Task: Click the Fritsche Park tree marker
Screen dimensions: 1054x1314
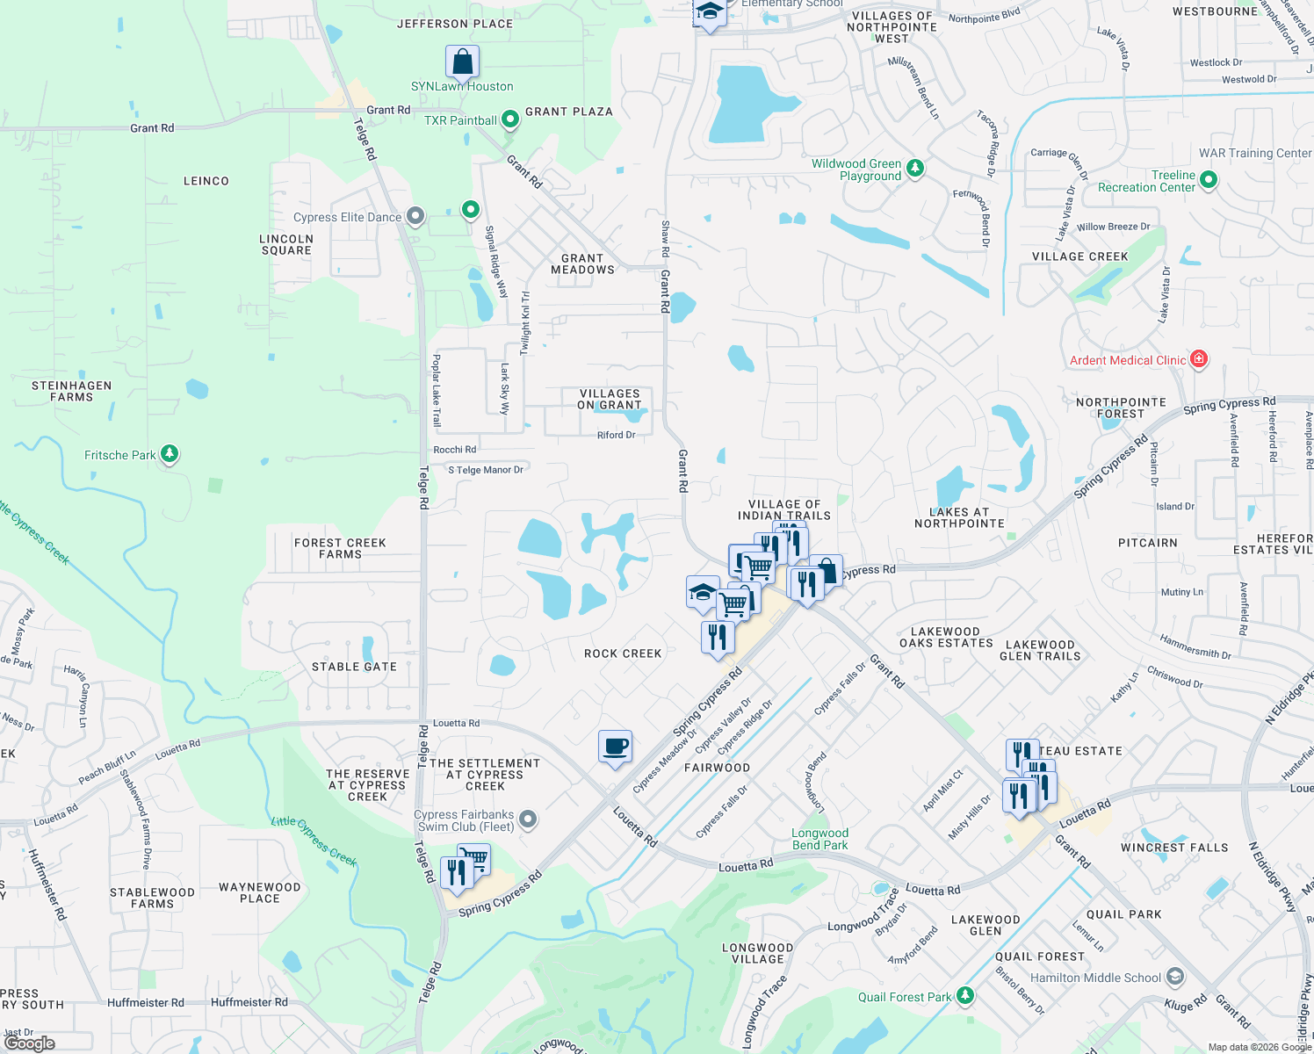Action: pyautogui.click(x=170, y=454)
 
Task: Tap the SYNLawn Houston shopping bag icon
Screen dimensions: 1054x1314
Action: pyautogui.click(x=462, y=62)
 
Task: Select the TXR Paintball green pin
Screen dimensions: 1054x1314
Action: pyautogui.click(x=509, y=120)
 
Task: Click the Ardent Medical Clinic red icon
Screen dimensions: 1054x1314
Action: pyautogui.click(x=1199, y=359)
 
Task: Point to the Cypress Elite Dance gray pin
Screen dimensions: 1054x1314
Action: pyautogui.click(x=415, y=216)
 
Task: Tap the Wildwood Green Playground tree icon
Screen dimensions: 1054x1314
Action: pyautogui.click(x=914, y=168)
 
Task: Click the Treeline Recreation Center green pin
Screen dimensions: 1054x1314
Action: pyautogui.click(x=1209, y=180)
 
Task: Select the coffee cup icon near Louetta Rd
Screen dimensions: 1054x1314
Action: pyautogui.click(x=615, y=747)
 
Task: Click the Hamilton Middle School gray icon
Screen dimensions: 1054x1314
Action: pyautogui.click(x=1175, y=977)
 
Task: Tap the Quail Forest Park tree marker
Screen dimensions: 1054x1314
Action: pyautogui.click(x=965, y=995)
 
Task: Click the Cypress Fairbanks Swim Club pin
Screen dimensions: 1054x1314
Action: pyautogui.click(x=528, y=819)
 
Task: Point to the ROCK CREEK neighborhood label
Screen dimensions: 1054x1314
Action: pyautogui.click(x=623, y=653)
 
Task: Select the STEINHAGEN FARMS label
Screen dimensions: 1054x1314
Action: pyautogui.click(x=72, y=392)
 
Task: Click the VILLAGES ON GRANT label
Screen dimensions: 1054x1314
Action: pyautogui.click(x=610, y=400)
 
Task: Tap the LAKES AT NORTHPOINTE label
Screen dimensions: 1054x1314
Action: pyautogui.click(x=959, y=517)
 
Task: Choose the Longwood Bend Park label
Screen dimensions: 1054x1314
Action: pyautogui.click(x=819, y=839)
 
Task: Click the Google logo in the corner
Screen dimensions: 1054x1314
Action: pyautogui.click(x=30, y=1043)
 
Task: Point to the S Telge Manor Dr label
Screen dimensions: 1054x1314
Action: pyautogui.click(x=486, y=470)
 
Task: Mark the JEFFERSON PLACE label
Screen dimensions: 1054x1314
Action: pyautogui.click(x=455, y=24)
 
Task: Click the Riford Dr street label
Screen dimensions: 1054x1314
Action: pyautogui.click(x=616, y=435)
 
